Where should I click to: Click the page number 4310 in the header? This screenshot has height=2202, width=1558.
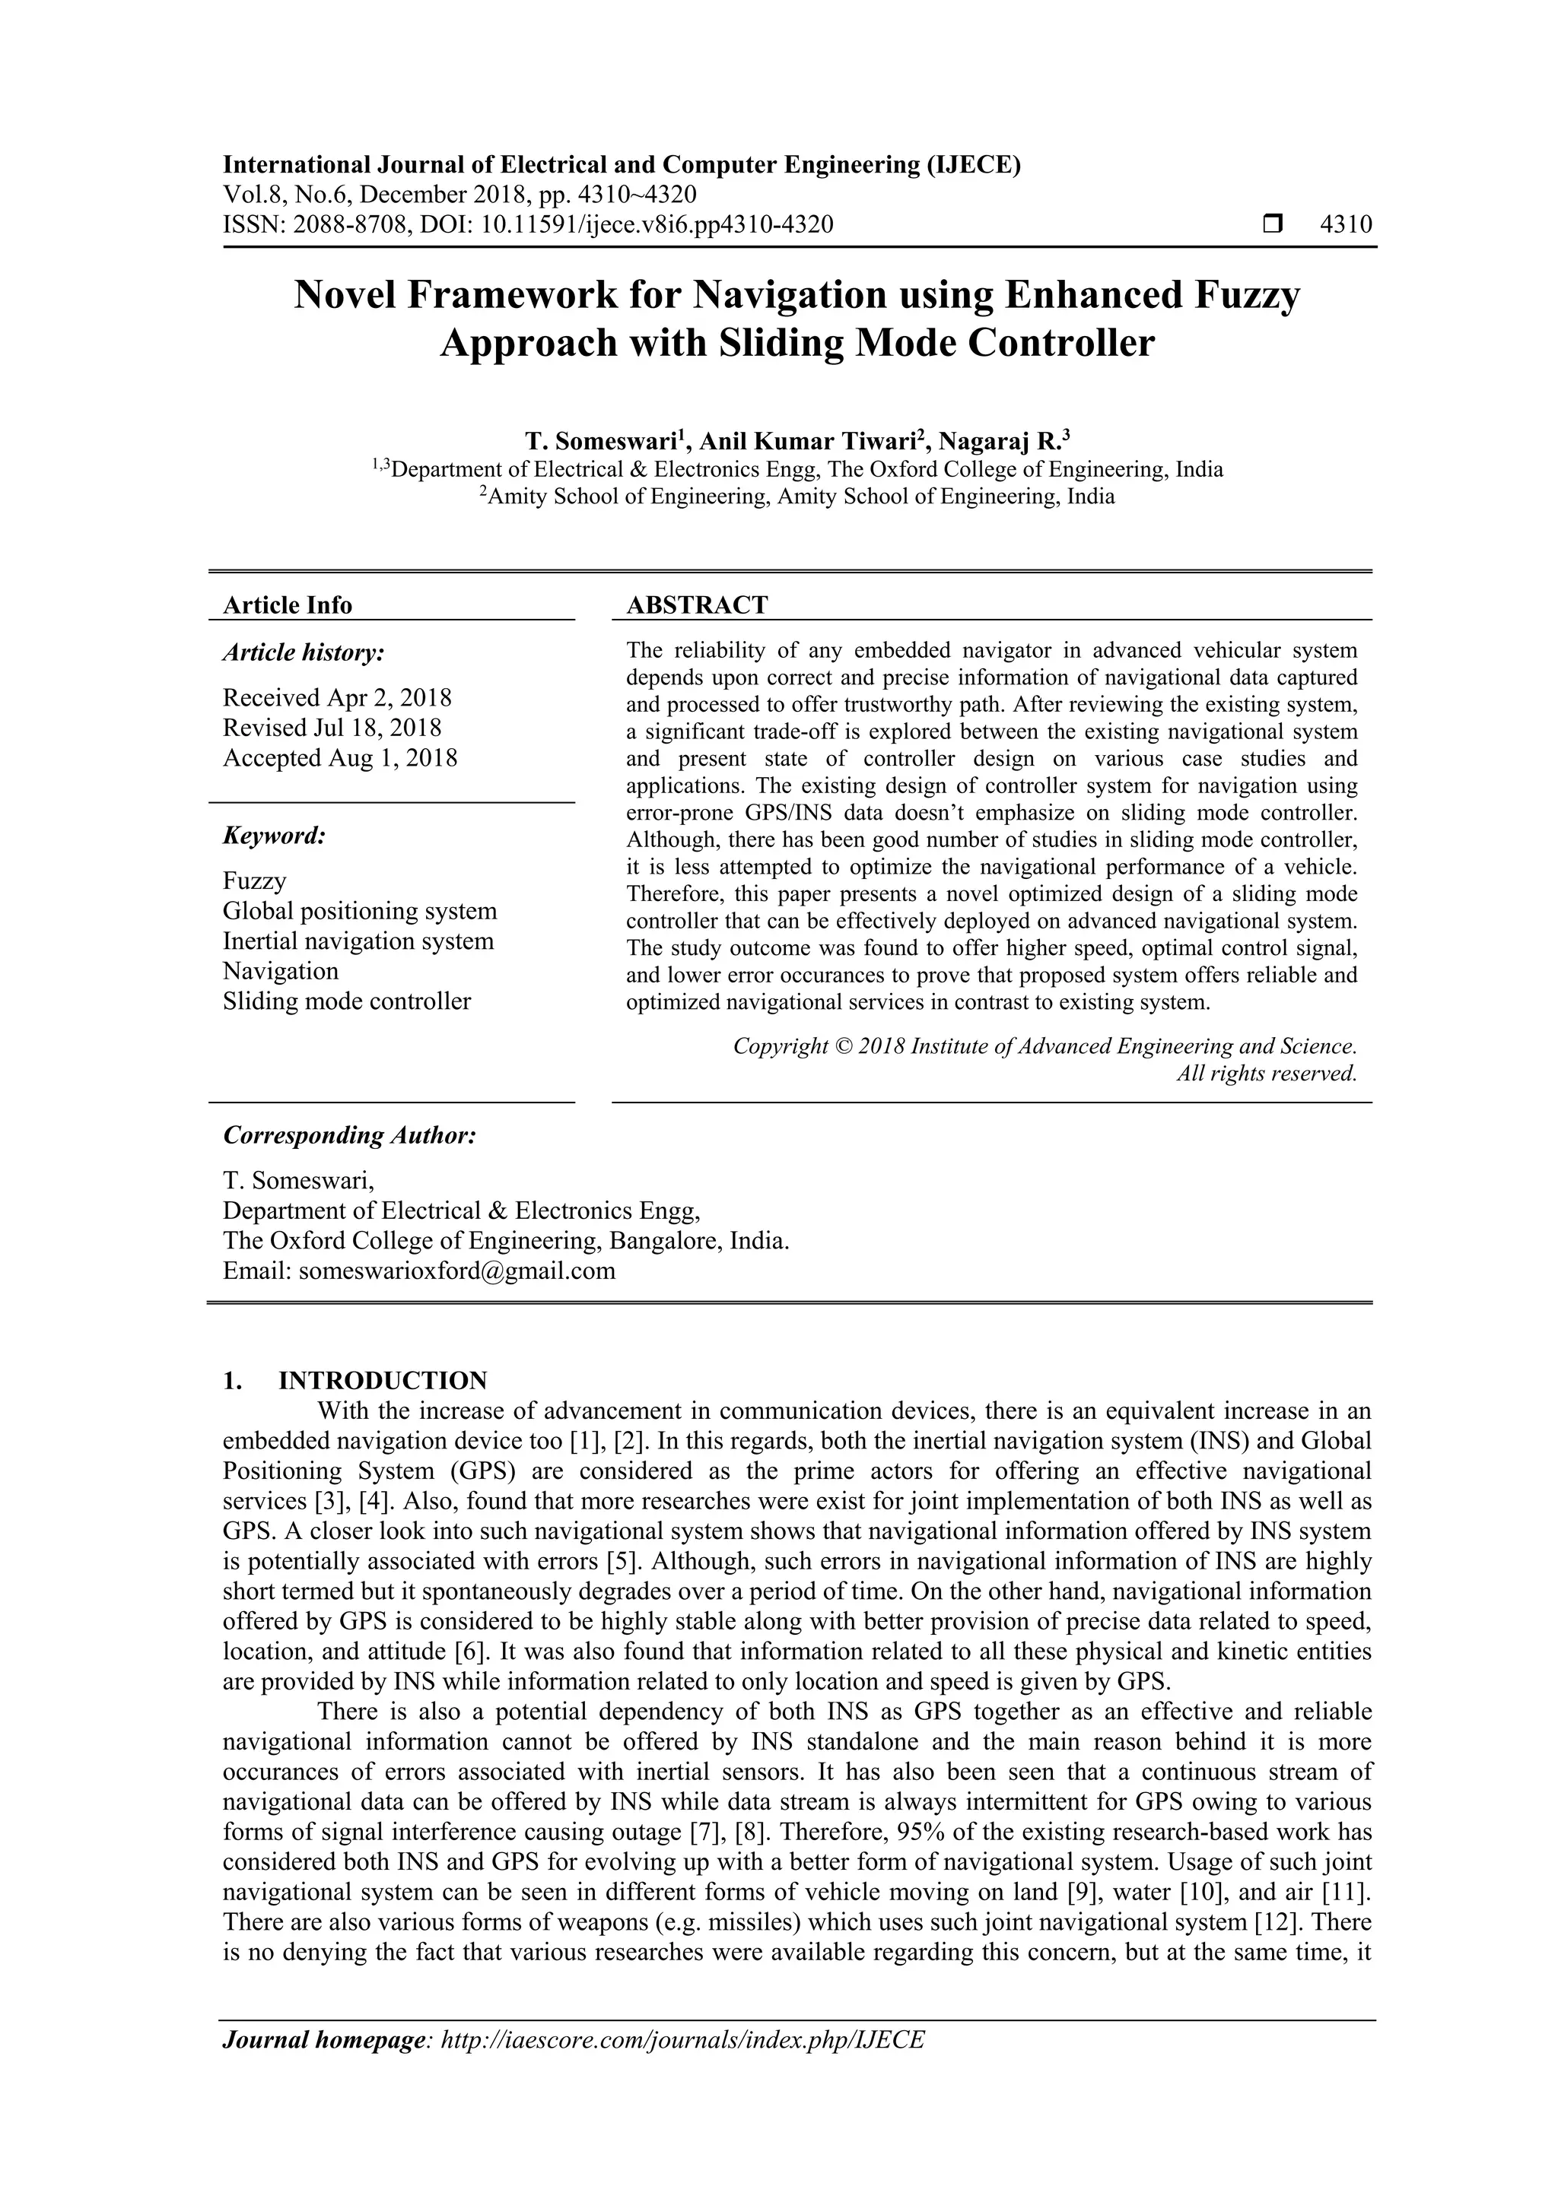(1345, 225)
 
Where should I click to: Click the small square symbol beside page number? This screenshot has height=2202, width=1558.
(1272, 225)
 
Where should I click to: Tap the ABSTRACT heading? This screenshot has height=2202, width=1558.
(697, 605)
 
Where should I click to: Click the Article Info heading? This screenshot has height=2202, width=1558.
(287, 605)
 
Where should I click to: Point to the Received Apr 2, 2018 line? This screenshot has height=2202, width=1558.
(337, 697)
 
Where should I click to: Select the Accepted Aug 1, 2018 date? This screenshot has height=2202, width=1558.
(339, 757)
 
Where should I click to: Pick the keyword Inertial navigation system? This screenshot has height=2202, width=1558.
(358, 941)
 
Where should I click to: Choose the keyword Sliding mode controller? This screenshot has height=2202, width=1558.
(346, 1001)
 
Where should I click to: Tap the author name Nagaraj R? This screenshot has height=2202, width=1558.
(999, 441)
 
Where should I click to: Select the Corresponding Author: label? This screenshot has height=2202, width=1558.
(349, 1135)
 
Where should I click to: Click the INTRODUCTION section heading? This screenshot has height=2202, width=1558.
(383, 1380)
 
